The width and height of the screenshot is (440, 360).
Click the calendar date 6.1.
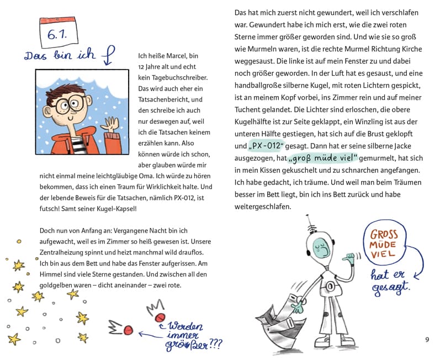click(57, 35)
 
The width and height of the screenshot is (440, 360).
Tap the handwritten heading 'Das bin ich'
click(60, 55)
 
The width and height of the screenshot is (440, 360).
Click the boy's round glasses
click(69, 104)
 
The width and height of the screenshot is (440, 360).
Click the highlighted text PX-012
click(266, 146)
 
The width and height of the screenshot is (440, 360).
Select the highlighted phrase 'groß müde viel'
click(323, 158)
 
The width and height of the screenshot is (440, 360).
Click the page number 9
click(427, 340)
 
